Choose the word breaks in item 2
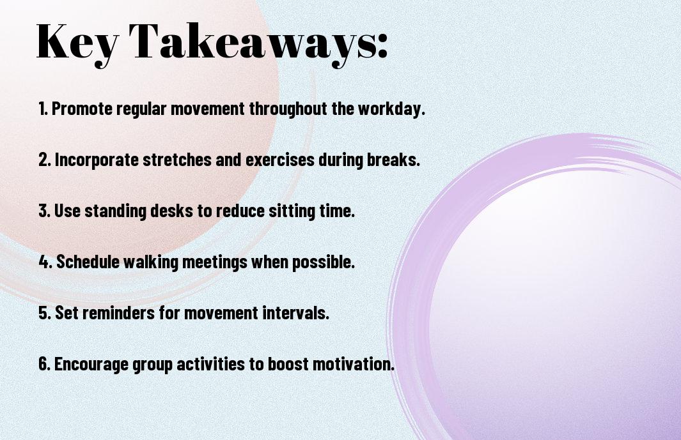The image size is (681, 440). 393,160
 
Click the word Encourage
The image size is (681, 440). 91,364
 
